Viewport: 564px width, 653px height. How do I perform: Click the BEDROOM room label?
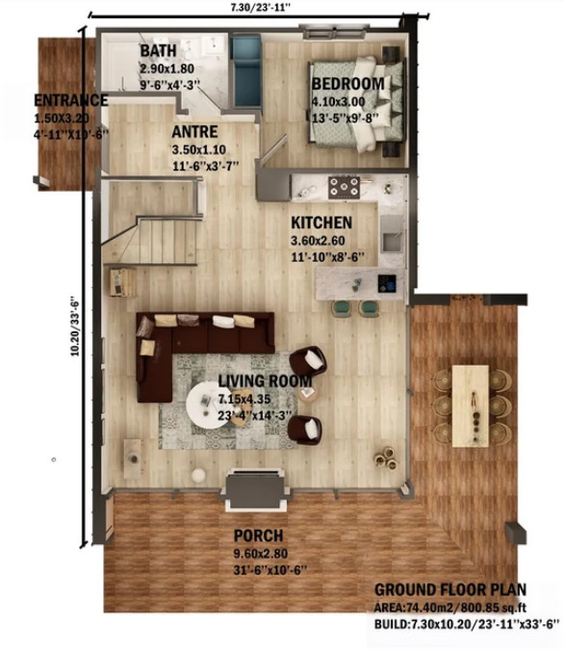pyautogui.click(x=348, y=84)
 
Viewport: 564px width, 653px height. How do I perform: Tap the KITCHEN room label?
pyautogui.click(x=321, y=222)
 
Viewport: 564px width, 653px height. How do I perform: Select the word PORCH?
pyautogui.click(x=258, y=535)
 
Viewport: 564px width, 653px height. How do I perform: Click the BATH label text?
pyautogui.click(x=158, y=51)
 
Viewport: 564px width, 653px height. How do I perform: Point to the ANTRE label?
pyautogui.click(x=194, y=132)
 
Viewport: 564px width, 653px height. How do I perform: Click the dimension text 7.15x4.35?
pyautogui.click(x=244, y=399)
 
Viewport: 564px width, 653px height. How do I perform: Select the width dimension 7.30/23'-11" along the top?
pyautogui.click(x=260, y=8)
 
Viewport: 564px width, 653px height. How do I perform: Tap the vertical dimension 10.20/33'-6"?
pyautogui.click(x=75, y=326)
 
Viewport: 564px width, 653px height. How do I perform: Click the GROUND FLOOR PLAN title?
pyautogui.click(x=450, y=589)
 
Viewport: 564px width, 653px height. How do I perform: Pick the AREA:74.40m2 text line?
pyautogui.click(x=450, y=608)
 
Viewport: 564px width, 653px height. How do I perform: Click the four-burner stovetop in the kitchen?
pyautogui.click(x=344, y=188)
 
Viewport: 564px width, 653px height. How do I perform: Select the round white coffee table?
pyautogui.click(x=207, y=405)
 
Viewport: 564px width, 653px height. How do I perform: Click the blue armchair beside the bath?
pyautogui.click(x=246, y=71)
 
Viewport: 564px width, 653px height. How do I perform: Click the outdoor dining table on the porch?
pyautogui.click(x=471, y=406)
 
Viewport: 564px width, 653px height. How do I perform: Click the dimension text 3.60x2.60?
pyautogui.click(x=318, y=241)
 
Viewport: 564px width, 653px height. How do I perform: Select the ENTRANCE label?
pyautogui.click(x=71, y=100)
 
